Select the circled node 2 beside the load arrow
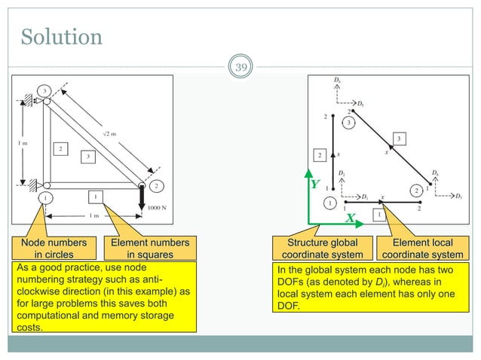[156, 185]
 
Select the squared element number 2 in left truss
[59, 148]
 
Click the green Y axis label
[314, 184]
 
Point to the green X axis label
[351, 218]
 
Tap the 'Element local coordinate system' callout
[426, 248]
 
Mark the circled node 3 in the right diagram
[348, 122]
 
